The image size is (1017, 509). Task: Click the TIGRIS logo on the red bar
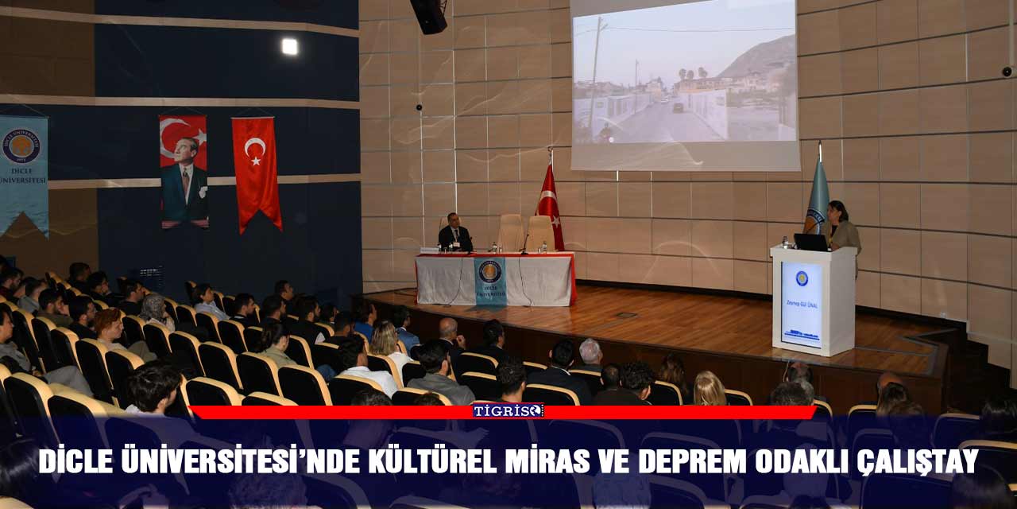tap(508, 410)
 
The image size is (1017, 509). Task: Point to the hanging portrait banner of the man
tap(184, 171)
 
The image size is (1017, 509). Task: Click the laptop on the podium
tap(810, 242)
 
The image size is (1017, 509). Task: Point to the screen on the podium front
tap(801, 305)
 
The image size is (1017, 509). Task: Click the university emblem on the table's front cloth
tap(490, 272)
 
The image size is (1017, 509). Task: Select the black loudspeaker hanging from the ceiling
tap(429, 16)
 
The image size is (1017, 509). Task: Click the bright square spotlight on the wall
tap(289, 47)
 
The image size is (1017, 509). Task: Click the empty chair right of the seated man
tap(511, 231)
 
